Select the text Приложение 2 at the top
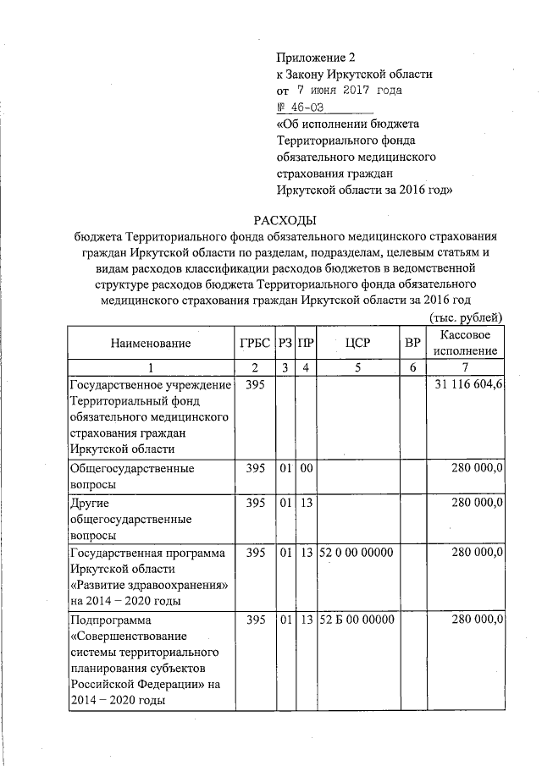[312, 58]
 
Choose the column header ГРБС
[253, 343]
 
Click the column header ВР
[412, 343]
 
